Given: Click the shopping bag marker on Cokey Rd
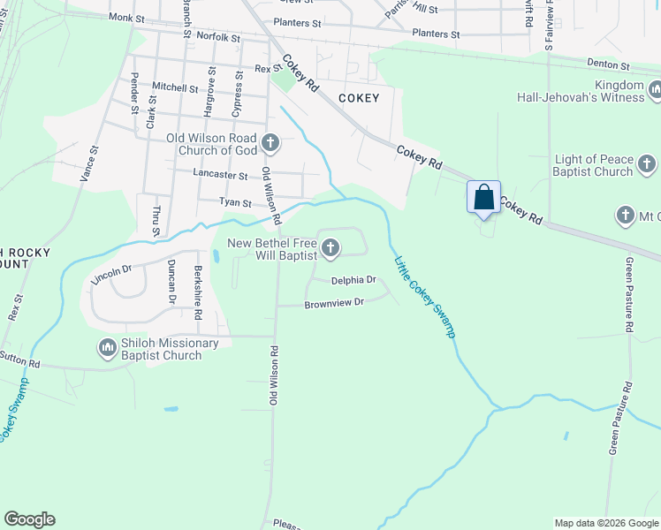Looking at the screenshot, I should pyautogui.click(x=483, y=197).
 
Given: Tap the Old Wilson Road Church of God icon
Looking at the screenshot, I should pyautogui.click(x=270, y=141).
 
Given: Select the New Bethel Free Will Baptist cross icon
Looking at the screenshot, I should pyautogui.click(x=330, y=249).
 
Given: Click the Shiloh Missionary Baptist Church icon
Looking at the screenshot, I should pyautogui.click(x=108, y=348).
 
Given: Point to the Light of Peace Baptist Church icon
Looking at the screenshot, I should pyautogui.click(x=647, y=164).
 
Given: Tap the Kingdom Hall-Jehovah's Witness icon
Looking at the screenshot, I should pyautogui.click(x=656, y=90).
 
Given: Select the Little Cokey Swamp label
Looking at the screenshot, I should pyautogui.click(x=425, y=296).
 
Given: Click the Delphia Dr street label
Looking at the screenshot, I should pyautogui.click(x=353, y=281).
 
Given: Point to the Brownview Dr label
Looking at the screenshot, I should pyautogui.click(x=334, y=303).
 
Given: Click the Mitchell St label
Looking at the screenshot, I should pyautogui.click(x=175, y=87).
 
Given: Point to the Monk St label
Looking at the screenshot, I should pyautogui.click(x=126, y=17).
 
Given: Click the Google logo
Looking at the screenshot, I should pyautogui.click(x=29, y=519).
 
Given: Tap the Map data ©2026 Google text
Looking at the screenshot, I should pyautogui.click(x=606, y=523).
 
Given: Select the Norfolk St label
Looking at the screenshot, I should pyautogui.click(x=218, y=37).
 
